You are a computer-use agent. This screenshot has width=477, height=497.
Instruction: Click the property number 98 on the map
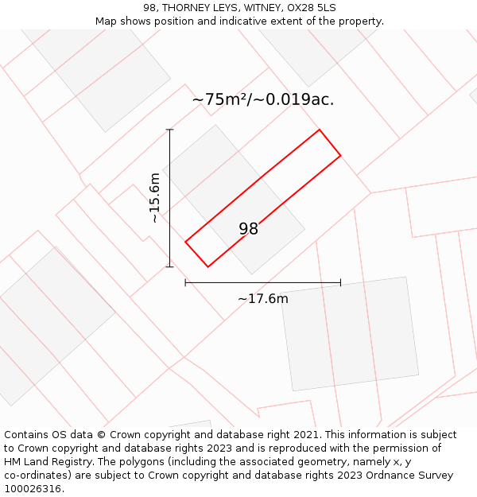tap(249, 229)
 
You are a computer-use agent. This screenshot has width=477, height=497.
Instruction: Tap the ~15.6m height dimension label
tap(155, 198)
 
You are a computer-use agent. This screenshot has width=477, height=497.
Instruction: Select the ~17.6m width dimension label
tap(262, 299)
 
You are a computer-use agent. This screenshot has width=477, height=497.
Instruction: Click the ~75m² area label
tap(262, 99)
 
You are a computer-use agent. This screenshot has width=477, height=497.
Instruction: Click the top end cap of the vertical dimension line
tap(169, 130)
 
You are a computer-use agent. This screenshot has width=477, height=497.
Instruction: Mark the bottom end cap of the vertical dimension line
tap(169, 266)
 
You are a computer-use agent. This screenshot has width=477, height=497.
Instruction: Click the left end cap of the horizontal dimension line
tap(185, 282)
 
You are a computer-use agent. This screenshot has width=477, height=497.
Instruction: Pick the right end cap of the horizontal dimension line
tap(340, 282)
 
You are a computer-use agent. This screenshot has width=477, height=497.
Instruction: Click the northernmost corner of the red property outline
tap(320, 130)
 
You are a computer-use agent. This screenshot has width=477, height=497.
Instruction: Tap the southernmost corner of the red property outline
tap(207, 266)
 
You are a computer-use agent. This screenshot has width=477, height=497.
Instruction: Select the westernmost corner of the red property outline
tap(185, 241)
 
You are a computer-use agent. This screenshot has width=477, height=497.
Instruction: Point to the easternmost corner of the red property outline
tap(340, 155)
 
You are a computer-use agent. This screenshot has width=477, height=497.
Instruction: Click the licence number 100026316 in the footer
tap(33, 488)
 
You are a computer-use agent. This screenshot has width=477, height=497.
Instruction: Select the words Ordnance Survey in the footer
tap(410, 476)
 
